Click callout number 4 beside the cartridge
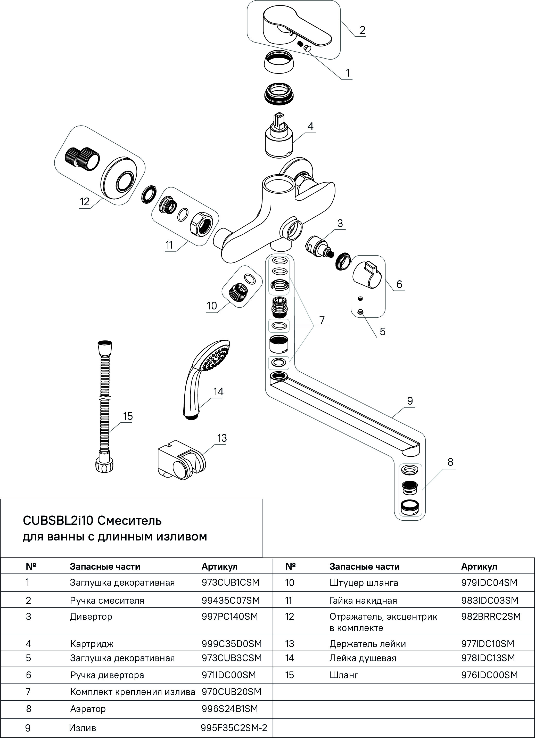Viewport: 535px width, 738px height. coord(310,127)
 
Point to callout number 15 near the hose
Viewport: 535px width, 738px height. coord(128,416)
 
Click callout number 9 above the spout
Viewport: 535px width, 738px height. coord(410,401)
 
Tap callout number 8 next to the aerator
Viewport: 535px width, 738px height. coord(450,462)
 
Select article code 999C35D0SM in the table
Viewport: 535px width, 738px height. coord(232,644)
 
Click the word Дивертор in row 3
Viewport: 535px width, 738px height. coord(91,616)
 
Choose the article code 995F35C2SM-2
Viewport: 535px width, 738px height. coord(234,728)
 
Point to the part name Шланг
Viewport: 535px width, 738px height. coord(344,675)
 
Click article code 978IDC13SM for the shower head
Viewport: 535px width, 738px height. coord(488,658)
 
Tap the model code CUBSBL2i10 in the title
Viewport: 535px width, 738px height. coord(58,521)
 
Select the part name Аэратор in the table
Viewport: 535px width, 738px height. coord(88,709)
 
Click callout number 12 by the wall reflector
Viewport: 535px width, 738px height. coord(85,202)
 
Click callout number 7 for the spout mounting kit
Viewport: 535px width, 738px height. coord(322,320)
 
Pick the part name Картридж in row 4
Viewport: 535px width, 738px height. coord(92,644)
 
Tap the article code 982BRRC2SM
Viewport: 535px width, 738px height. coord(491,616)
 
